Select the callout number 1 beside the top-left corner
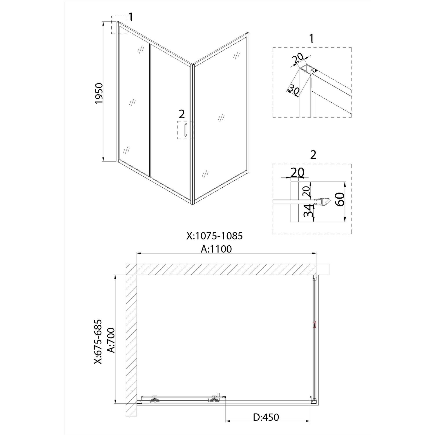(x=131, y=17)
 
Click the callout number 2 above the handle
(x=182, y=114)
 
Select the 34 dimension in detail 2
(x=308, y=211)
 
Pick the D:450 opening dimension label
(x=266, y=417)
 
